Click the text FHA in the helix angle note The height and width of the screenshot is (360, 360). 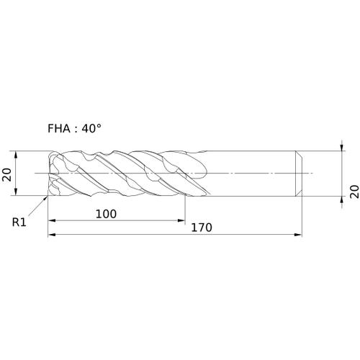tap(59, 129)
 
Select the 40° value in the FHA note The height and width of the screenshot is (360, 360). tap(91, 128)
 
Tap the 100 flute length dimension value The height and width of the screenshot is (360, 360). tap(106, 214)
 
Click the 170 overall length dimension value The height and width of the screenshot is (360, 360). tap(202, 228)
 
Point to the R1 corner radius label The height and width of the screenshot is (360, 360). tap(19, 222)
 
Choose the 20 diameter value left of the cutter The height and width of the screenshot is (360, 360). tap(6, 174)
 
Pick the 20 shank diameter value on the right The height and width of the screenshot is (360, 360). tap(354, 192)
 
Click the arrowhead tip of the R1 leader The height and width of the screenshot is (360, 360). tap(48, 197)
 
